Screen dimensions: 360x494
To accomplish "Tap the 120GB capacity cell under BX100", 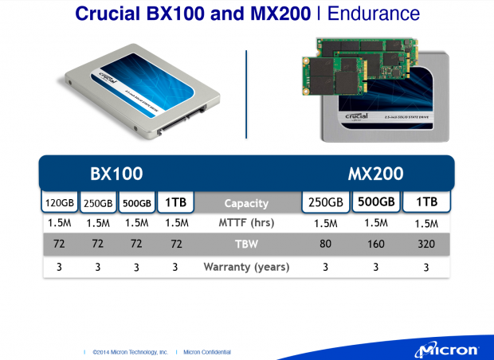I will (60, 203).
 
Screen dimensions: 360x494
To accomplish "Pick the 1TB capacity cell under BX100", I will (175, 203).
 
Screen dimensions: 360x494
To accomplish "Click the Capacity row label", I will (246, 203).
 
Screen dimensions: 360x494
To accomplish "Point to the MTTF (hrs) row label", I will (246, 224).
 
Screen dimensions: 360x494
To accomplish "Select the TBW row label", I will (246, 245).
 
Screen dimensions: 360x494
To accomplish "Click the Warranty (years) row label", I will (246, 266).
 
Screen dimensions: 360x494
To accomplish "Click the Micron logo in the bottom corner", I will (445, 349).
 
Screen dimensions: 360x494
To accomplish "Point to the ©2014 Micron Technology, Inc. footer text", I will (129, 351).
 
